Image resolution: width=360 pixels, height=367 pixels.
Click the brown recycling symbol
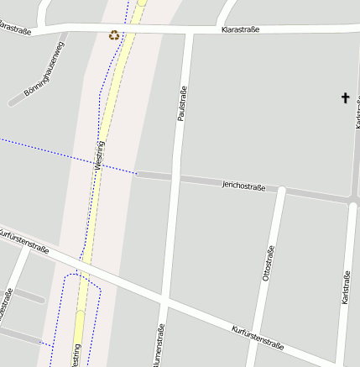pos(114,35)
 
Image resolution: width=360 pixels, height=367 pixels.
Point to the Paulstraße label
pos(181,104)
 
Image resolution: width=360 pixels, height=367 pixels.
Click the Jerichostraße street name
pos(243,185)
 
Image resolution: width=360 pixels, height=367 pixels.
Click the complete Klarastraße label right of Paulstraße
pos(240,29)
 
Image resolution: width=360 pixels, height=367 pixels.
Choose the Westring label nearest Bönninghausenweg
pos(100,155)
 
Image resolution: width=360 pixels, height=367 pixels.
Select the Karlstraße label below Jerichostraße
pos(346,287)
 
